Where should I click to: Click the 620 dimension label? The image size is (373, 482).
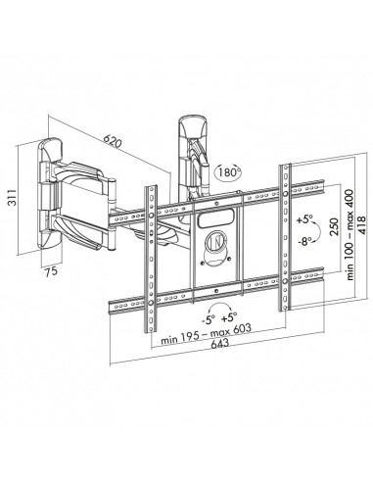click(x=116, y=144)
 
